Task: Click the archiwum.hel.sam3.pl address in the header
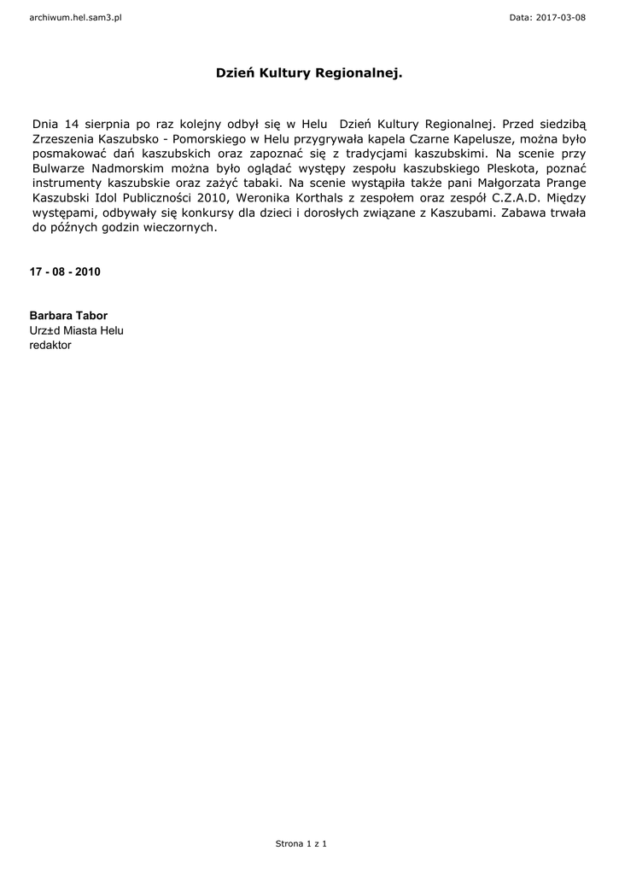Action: pos(75,17)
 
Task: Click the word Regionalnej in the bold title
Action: pos(359,75)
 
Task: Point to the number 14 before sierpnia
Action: pos(72,124)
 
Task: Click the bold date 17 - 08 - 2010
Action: pos(65,272)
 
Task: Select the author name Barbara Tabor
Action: pos(68,316)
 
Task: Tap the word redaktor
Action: pos(51,346)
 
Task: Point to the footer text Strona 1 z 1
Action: pos(301,843)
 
